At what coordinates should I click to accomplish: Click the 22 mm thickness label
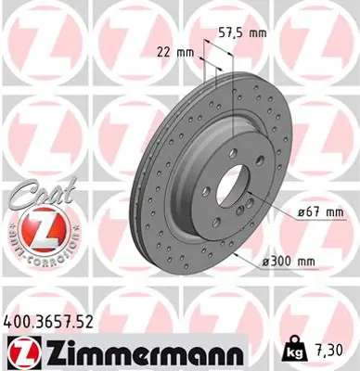(175, 53)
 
